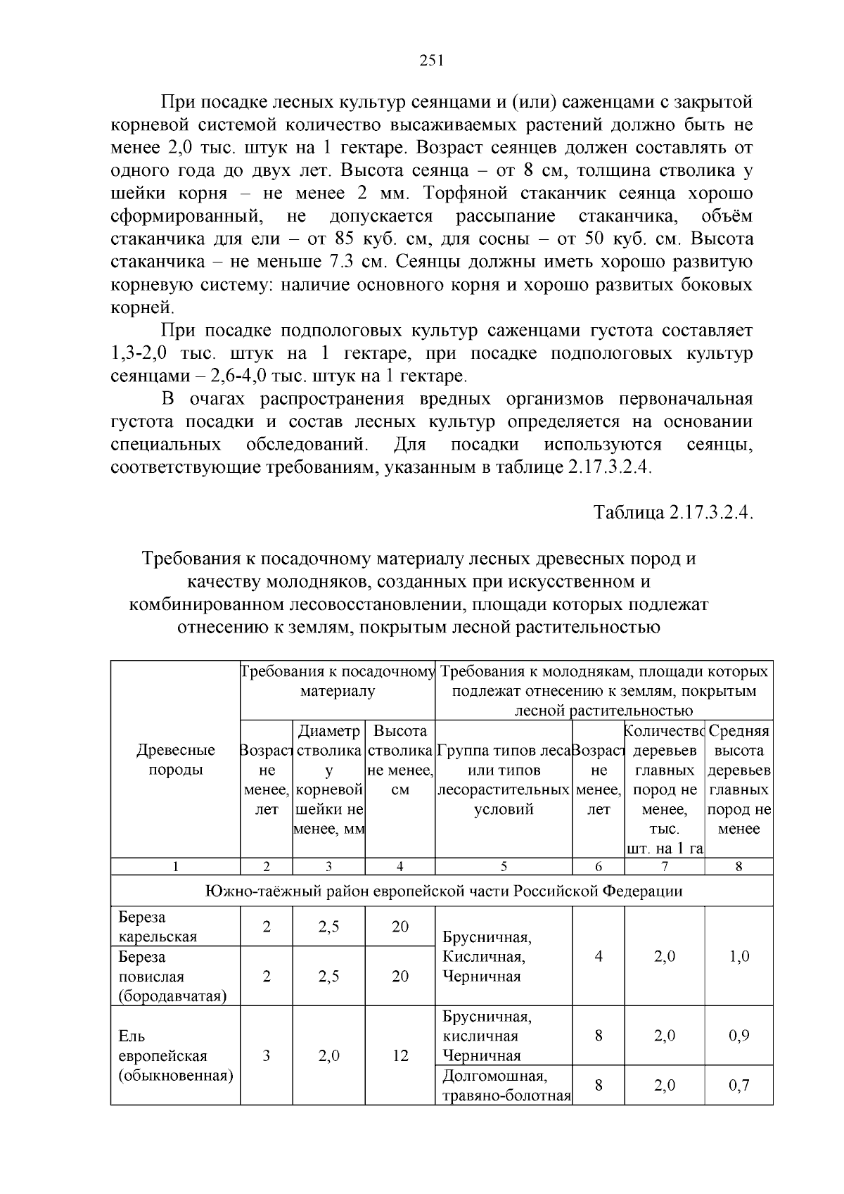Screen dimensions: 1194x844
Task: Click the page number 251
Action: point(431,61)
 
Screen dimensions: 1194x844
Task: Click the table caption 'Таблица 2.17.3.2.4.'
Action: point(673,512)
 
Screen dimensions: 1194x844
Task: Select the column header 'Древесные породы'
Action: point(176,760)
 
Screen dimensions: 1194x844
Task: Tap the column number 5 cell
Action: point(504,867)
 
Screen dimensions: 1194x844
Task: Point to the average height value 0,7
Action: point(739,1085)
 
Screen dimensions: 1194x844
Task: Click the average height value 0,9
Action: point(739,1036)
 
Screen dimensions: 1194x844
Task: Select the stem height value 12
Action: point(400,1055)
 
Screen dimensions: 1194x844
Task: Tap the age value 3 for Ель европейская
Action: point(267,1055)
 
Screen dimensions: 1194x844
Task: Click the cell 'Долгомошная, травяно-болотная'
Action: point(505,1085)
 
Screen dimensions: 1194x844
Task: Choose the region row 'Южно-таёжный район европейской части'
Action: point(443,891)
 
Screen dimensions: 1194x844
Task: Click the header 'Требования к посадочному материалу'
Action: point(338,681)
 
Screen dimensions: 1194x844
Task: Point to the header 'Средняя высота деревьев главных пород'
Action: point(739,780)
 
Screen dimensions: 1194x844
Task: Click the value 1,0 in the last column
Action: point(739,956)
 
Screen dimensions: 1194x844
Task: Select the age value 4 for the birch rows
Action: point(599,956)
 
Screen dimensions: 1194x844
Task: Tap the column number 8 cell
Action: point(739,867)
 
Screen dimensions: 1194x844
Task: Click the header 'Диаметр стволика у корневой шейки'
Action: point(328,780)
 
